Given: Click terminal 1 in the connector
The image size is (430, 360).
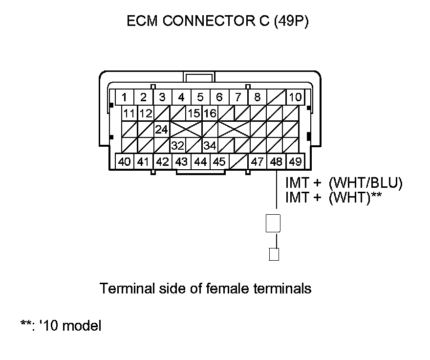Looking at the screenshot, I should (x=125, y=97).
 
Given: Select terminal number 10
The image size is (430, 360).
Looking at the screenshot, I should (x=295, y=97).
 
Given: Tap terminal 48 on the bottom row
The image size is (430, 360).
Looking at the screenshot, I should (x=276, y=161).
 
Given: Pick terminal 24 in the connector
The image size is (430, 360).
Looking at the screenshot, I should (x=162, y=130).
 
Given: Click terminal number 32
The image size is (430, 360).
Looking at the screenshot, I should (x=177, y=145).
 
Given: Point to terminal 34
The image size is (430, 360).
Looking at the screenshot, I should (x=210, y=145).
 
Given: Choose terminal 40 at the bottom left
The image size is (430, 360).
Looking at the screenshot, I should (x=125, y=161).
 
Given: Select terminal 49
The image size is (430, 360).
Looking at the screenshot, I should (x=295, y=161).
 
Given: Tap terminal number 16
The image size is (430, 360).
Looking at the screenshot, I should (x=210, y=113).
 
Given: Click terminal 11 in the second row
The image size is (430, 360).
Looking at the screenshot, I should (x=129, y=113).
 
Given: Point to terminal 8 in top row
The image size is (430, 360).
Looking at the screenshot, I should (x=257, y=97).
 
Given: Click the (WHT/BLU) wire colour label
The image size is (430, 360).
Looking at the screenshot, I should (x=365, y=183).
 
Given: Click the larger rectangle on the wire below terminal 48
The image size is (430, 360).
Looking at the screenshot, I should (x=273, y=223).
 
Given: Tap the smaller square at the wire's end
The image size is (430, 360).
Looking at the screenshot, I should (x=274, y=255).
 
